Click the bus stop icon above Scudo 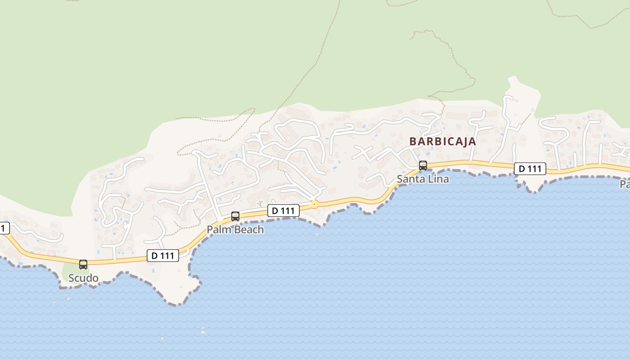point(83,264)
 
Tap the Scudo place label point(83,278)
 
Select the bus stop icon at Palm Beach point(235,216)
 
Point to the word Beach point(248,229)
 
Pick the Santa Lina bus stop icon point(423,165)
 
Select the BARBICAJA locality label point(442,141)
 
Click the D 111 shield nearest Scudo point(163,256)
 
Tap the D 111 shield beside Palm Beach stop point(283,210)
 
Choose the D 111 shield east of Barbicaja point(530,169)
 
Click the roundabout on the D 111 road point(314,204)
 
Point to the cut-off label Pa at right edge point(625,184)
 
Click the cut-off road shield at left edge point(4,228)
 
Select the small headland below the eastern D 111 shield point(531,182)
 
